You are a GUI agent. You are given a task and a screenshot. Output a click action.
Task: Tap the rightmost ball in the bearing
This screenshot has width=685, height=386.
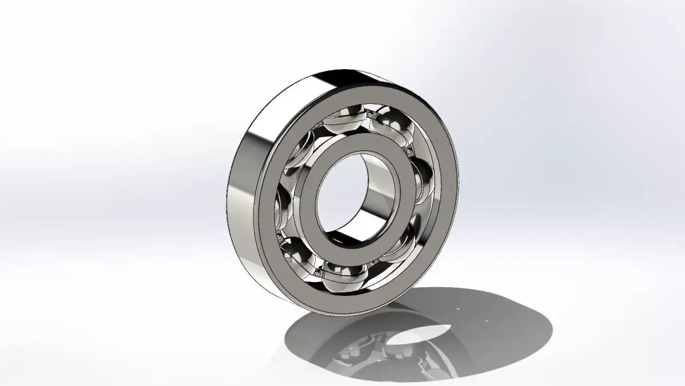pos(425,180)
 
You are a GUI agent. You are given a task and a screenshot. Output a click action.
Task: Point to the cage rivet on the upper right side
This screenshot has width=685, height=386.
pos(410,151)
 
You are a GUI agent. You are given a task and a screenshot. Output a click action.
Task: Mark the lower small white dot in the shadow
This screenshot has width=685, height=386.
pos(485,321)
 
